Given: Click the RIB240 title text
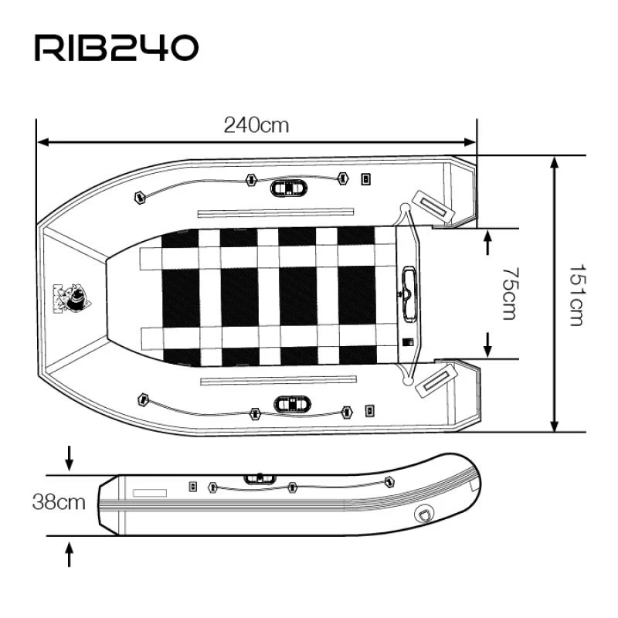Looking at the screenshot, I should pyautogui.click(x=117, y=48).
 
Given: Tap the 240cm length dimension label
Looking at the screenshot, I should pyautogui.click(x=256, y=125).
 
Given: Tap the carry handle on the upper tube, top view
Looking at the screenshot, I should pyautogui.click(x=289, y=187).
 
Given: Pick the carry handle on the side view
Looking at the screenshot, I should pyautogui.click(x=260, y=479).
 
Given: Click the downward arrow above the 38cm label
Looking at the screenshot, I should pyautogui.click(x=70, y=460).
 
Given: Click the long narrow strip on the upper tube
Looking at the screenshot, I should pyautogui.click(x=276, y=212).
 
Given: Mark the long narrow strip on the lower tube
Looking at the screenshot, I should pyautogui.click(x=277, y=380).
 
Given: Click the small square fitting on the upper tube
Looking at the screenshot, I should pyautogui.click(x=366, y=179).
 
